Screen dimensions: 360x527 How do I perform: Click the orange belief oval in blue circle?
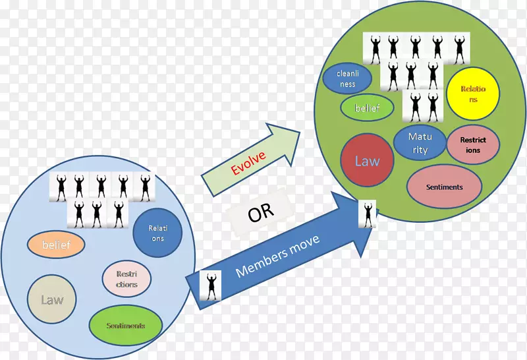(57, 245)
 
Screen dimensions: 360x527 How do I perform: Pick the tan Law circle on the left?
(52, 300)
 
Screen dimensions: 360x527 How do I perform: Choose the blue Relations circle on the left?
(157, 233)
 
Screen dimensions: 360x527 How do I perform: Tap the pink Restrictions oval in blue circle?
(126, 279)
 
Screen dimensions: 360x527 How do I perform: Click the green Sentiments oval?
(126, 326)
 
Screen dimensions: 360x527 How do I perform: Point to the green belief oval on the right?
(367, 107)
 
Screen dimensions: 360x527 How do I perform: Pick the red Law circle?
(367, 161)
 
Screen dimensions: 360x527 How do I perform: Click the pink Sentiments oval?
(444, 187)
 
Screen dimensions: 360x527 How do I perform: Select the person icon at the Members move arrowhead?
(367, 214)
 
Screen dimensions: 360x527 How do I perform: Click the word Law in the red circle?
(367, 161)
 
